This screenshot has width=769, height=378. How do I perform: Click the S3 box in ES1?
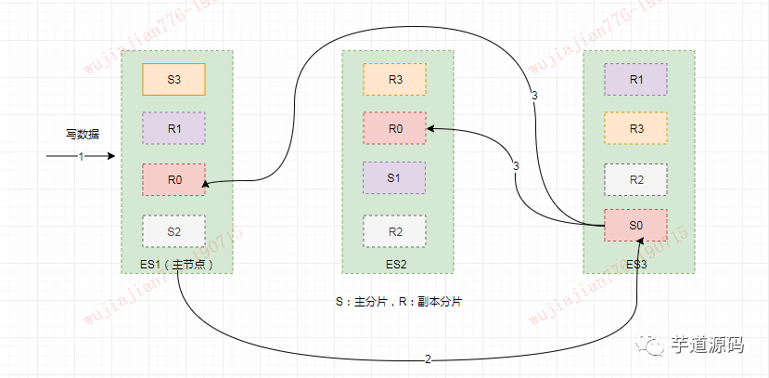[x=173, y=79]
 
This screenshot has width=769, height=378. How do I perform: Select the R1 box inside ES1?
[x=173, y=129]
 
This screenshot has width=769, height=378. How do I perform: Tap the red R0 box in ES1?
[x=173, y=179]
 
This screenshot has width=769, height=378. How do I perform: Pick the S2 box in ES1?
[x=173, y=230]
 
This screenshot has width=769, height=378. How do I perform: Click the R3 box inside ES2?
[x=394, y=79]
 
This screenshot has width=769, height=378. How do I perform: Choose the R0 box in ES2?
[x=394, y=129]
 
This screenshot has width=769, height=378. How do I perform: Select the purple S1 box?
[x=394, y=177]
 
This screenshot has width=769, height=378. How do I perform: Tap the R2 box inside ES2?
[x=394, y=231]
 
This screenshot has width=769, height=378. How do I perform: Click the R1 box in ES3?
[x=635, y=79]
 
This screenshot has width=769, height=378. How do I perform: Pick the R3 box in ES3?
[x=635, y=128]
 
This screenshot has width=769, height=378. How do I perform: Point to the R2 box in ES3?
[x=635, y=179]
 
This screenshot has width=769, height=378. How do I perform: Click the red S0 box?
[x=635, y=226]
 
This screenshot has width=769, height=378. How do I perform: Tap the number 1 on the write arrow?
[x=81, y=156]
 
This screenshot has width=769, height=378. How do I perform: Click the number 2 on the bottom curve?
[x=428, y=358]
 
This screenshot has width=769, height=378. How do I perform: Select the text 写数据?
[x=82, y=134]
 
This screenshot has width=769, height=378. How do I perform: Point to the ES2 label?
[x=396, y=264]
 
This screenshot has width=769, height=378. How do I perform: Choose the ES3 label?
[x=637, y=264]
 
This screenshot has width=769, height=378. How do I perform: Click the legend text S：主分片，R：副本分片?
[x=399, y=302]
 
